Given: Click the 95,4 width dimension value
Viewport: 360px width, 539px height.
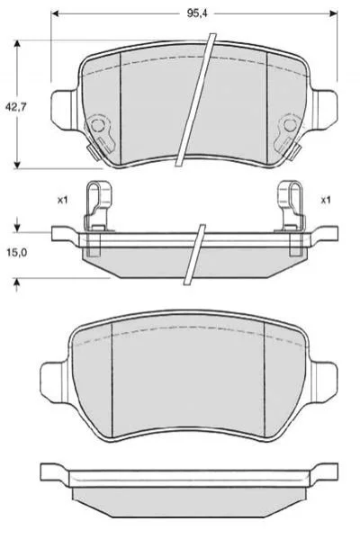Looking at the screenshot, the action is pyautogui.click(x=197, y=13).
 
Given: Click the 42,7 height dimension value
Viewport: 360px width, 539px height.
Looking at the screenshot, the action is pyautogui.click(x=15, y=107).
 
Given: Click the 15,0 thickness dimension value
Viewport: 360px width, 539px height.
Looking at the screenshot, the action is pyautogui.click(x=16, y=253).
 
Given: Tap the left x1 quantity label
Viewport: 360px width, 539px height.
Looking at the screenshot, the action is pyautogui.click(x=62, y=200).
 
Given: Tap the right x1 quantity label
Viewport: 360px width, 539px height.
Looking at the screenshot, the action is pyautogui.click(x=325, y=200).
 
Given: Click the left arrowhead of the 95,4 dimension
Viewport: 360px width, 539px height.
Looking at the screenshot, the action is pyautogui.click(x=55, y=13).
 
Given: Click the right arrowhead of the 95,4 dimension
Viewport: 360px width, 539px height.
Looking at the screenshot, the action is pyautogui.click(x=333, y=13).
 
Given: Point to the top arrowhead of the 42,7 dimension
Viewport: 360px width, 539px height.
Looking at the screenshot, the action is pyautogui.click(x=17, y=44).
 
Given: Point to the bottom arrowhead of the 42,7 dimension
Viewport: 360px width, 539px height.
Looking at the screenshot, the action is pyautogui.click(x=17, y=165).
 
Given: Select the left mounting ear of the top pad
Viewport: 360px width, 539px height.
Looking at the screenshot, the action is pyautogui.click(x=64, y=110).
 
